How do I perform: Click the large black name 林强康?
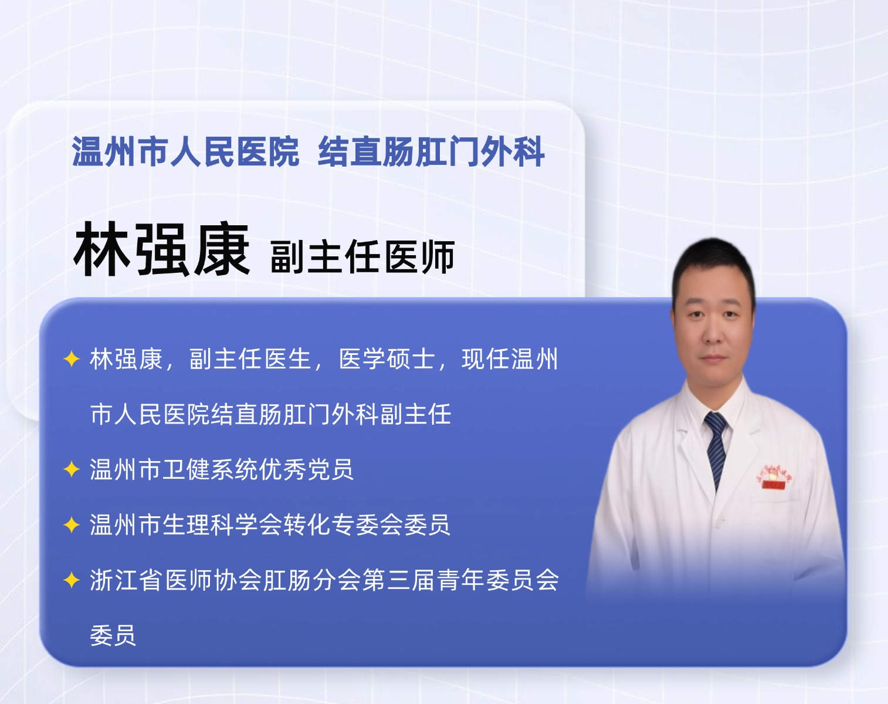click(x=161, y=249)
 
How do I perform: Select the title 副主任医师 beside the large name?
click(x=362, y=256)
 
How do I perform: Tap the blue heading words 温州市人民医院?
click(x=185, y=151)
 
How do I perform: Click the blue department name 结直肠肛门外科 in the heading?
click(x=431, y=151)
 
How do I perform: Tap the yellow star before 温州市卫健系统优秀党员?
click(x=72, y=469)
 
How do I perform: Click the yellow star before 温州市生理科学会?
click(x=72, y=525)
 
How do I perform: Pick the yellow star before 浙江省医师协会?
click(x=72, y=580)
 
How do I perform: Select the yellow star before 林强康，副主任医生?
click(x=72, y=359)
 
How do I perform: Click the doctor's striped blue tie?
click(x=716, y=448)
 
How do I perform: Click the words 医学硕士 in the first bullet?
click(x=387, y=359)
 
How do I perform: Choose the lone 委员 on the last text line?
click(x=113, y=635)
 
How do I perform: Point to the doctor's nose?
click(x=712, y=334)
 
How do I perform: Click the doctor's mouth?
click(x=713, y=358)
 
